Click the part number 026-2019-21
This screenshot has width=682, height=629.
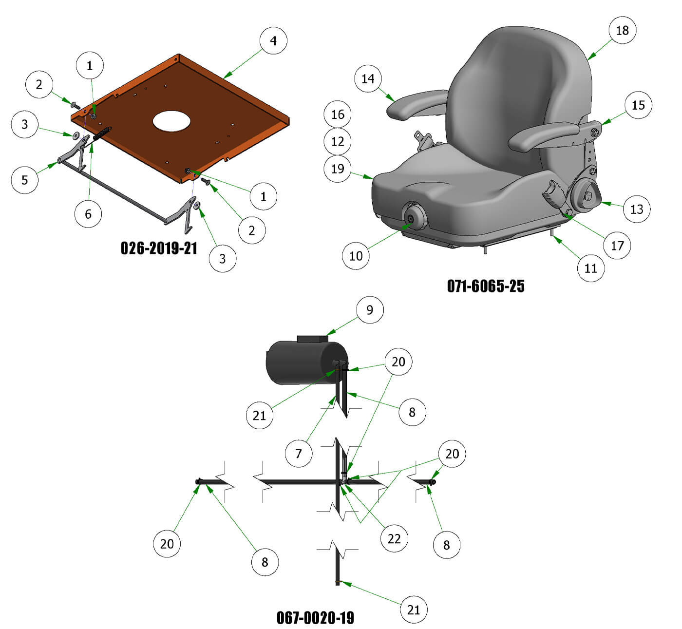pos(159,248)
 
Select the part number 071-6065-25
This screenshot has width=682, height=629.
pos(486,286)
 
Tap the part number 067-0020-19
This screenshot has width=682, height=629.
pos(315,617)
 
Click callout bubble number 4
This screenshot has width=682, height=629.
pos(273,40)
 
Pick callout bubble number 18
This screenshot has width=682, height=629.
pos(622,30)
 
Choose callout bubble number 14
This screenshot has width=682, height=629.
pos(368,78)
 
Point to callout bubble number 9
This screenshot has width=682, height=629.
pos(370,309)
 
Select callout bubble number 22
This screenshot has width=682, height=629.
pos(394,538)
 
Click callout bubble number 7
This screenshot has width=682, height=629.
pos(299,453)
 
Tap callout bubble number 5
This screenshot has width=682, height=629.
pos(25,180)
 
